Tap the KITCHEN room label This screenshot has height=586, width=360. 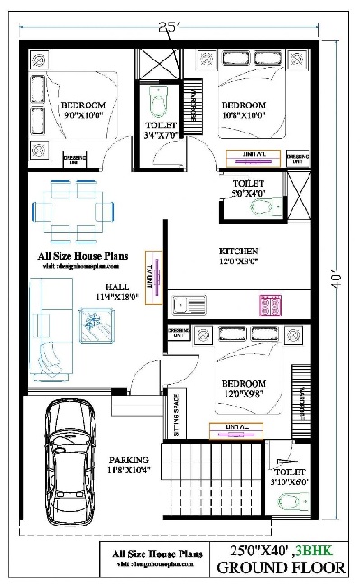coord(239,251)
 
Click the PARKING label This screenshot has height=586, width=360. coord(129,460)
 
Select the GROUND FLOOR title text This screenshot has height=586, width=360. coord(281,568)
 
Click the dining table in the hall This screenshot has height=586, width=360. coord(72,210)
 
